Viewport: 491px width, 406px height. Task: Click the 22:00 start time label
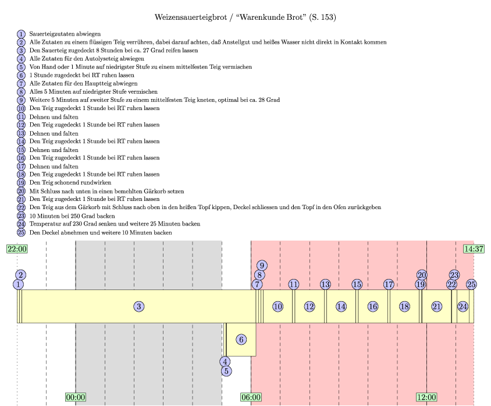(x=17, y=249)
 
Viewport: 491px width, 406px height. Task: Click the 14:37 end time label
(x=474, y=249)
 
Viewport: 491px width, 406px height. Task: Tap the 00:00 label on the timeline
(x=76, y=397)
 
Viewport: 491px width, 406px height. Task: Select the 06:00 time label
(x=251, y=397)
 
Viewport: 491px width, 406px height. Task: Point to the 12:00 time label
(x=426, y=397)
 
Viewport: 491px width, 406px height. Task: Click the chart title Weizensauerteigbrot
(x=245, y=17)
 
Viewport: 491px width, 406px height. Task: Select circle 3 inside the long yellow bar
(x=138, y=306)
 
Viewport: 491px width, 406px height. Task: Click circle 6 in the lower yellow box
(x=241, y=339)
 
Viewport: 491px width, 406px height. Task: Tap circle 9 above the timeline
(x=262, y=266)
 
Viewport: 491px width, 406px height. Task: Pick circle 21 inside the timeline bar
(x=437, y=306)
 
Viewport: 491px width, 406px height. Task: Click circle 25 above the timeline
(x=471, y=284)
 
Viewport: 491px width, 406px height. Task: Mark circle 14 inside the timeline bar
(x=341, y=306)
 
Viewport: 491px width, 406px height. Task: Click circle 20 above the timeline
(x=422, y=275)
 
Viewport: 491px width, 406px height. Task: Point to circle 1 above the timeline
(x=19, y=284)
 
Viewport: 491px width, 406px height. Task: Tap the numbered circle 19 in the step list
(x=22, y=182)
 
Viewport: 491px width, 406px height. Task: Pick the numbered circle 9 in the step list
(x=22, y=100)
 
